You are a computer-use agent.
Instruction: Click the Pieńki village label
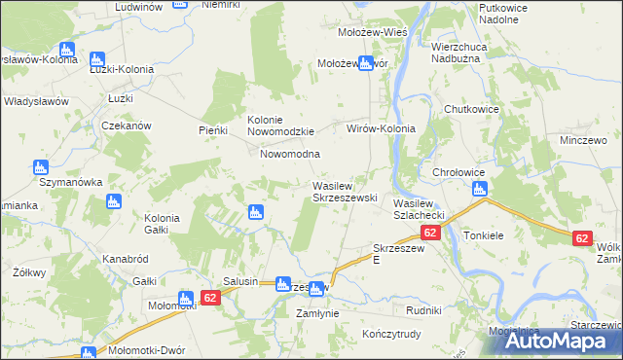coord(212,130)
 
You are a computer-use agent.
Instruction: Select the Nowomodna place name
coord(289,155)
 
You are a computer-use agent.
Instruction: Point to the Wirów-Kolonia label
coord(382,128)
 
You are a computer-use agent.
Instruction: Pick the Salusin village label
coord(240,281)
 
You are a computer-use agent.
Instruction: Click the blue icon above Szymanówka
coord(41,167)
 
